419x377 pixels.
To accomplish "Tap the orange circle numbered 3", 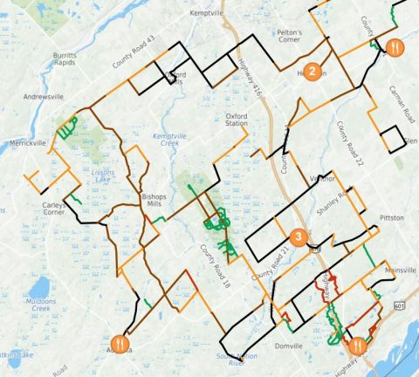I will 299,236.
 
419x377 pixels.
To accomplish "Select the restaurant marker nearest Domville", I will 356,344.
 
